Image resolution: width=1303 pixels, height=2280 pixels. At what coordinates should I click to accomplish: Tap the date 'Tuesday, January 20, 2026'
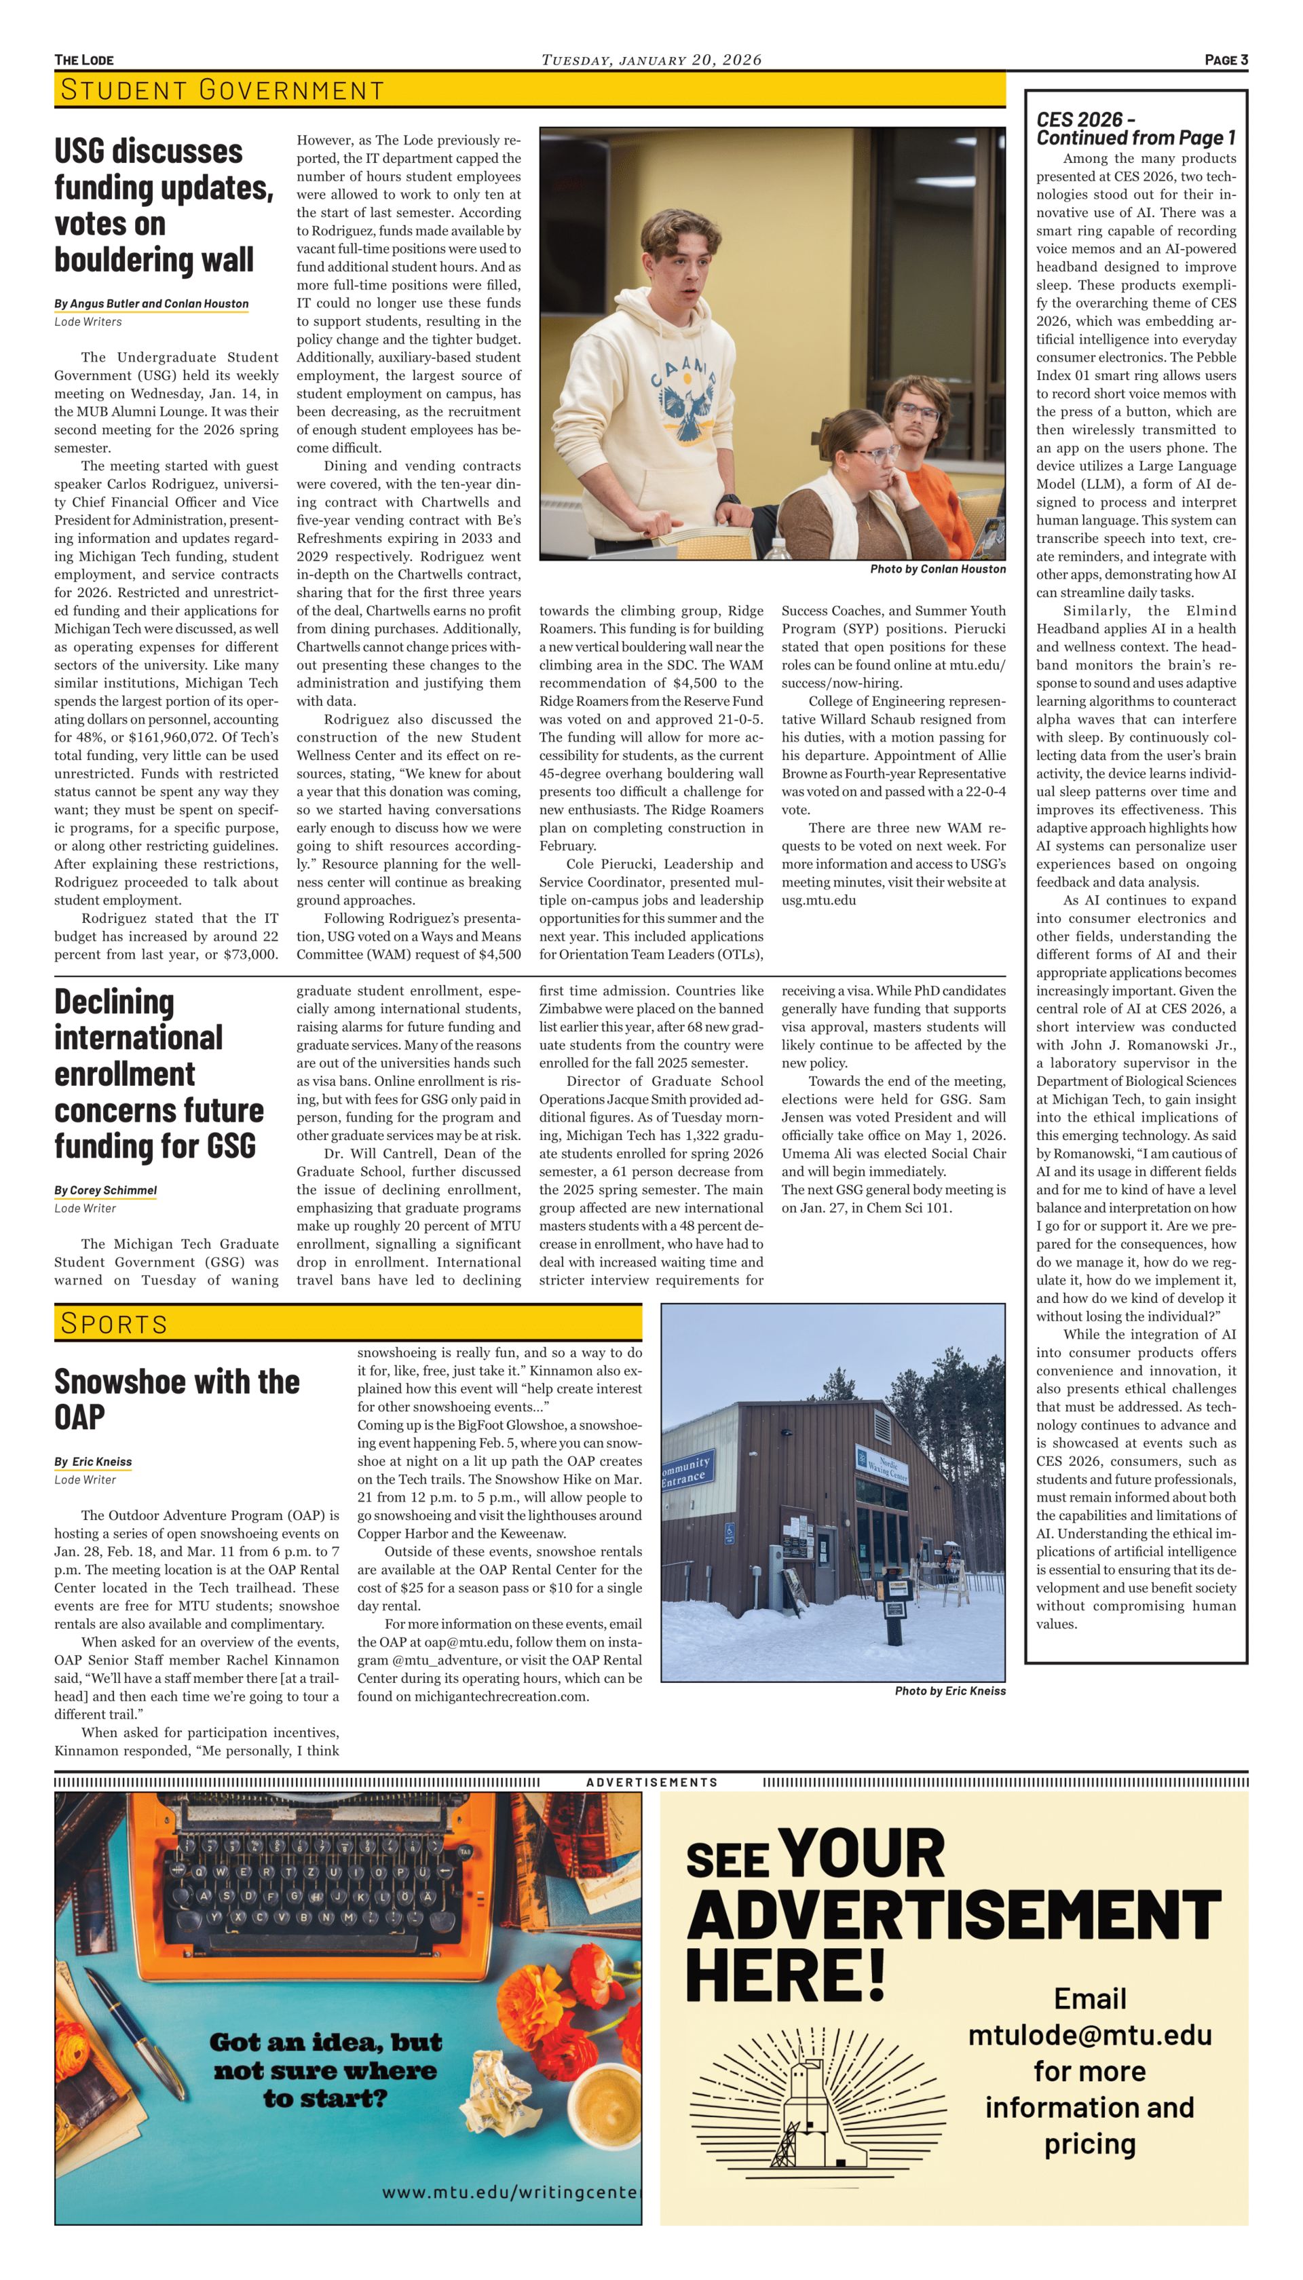[651, 60]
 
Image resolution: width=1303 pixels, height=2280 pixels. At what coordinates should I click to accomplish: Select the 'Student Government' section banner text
[222, 90]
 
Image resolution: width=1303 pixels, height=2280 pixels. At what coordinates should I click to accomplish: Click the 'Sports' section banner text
[113, 1323]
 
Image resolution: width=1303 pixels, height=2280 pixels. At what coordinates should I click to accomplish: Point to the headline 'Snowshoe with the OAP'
[177, 1399]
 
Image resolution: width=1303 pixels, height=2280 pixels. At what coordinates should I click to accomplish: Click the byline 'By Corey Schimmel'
[106, 1190]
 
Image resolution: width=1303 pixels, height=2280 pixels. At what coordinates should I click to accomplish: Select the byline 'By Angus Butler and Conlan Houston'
[151, 303]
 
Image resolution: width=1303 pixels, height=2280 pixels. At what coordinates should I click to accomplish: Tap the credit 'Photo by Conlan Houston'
[937, 569]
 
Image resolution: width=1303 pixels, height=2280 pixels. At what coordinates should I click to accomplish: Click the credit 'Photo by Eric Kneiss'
[949, 1691]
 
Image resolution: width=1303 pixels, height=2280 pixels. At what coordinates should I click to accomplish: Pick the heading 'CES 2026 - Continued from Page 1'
[1135, 129]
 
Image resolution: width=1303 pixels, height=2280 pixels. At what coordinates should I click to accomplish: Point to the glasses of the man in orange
[918, 413]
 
